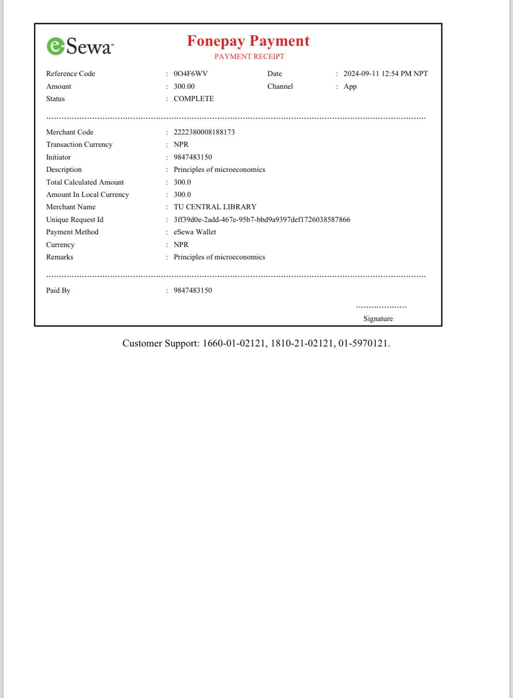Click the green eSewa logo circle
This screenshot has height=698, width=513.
(x=56, y=46)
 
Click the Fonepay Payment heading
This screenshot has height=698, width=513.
(x=248, y=41)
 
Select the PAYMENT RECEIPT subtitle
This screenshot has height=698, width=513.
(x=249, y=56)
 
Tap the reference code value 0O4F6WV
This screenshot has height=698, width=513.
(x=190, y=74)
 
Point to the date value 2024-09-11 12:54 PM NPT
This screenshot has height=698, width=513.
(x=385, y=74)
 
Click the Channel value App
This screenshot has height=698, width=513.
(x=350, y=86)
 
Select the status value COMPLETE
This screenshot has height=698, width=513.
(x=194, y=99)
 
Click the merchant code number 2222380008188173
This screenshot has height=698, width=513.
(x=204, y=132)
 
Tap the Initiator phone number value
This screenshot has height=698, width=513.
(x=192, y=157)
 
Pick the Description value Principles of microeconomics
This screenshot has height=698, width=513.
(x=219, y=169)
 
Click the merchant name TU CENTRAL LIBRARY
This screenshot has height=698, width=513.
(x=215, y=207)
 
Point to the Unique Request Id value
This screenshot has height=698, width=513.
(x=262, y=220)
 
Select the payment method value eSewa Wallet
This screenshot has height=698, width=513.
(x=195, y=232)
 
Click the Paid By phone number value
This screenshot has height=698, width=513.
(x=192, y=290)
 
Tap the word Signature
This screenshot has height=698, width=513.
(x=378, y=319)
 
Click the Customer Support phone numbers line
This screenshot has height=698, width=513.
(x=256, y=343)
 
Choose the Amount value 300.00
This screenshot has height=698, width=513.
(x=184, y=86)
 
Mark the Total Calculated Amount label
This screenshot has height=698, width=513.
(x=85, y=182)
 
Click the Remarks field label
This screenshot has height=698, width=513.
(x=60, y=257)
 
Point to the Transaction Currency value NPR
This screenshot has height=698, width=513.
(x=181, y=144)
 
